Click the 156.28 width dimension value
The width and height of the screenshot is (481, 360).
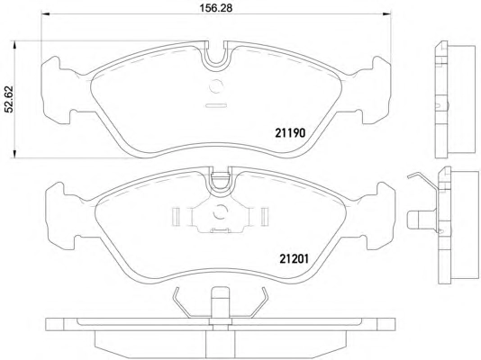click(x=216, y=8)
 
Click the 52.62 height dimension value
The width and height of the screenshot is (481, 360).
click(x=9, y=99)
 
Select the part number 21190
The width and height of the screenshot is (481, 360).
click(x=290, y=133)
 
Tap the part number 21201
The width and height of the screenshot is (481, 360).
click(x=294, y=259)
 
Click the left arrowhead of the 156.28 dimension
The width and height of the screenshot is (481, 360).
click(x=45, y=13)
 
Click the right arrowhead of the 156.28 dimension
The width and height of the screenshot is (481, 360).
click(x=386, y=13)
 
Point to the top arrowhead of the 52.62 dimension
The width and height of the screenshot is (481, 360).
click(x=14, y=45)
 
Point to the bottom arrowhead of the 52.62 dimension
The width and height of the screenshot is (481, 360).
click(x=14, y=154)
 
